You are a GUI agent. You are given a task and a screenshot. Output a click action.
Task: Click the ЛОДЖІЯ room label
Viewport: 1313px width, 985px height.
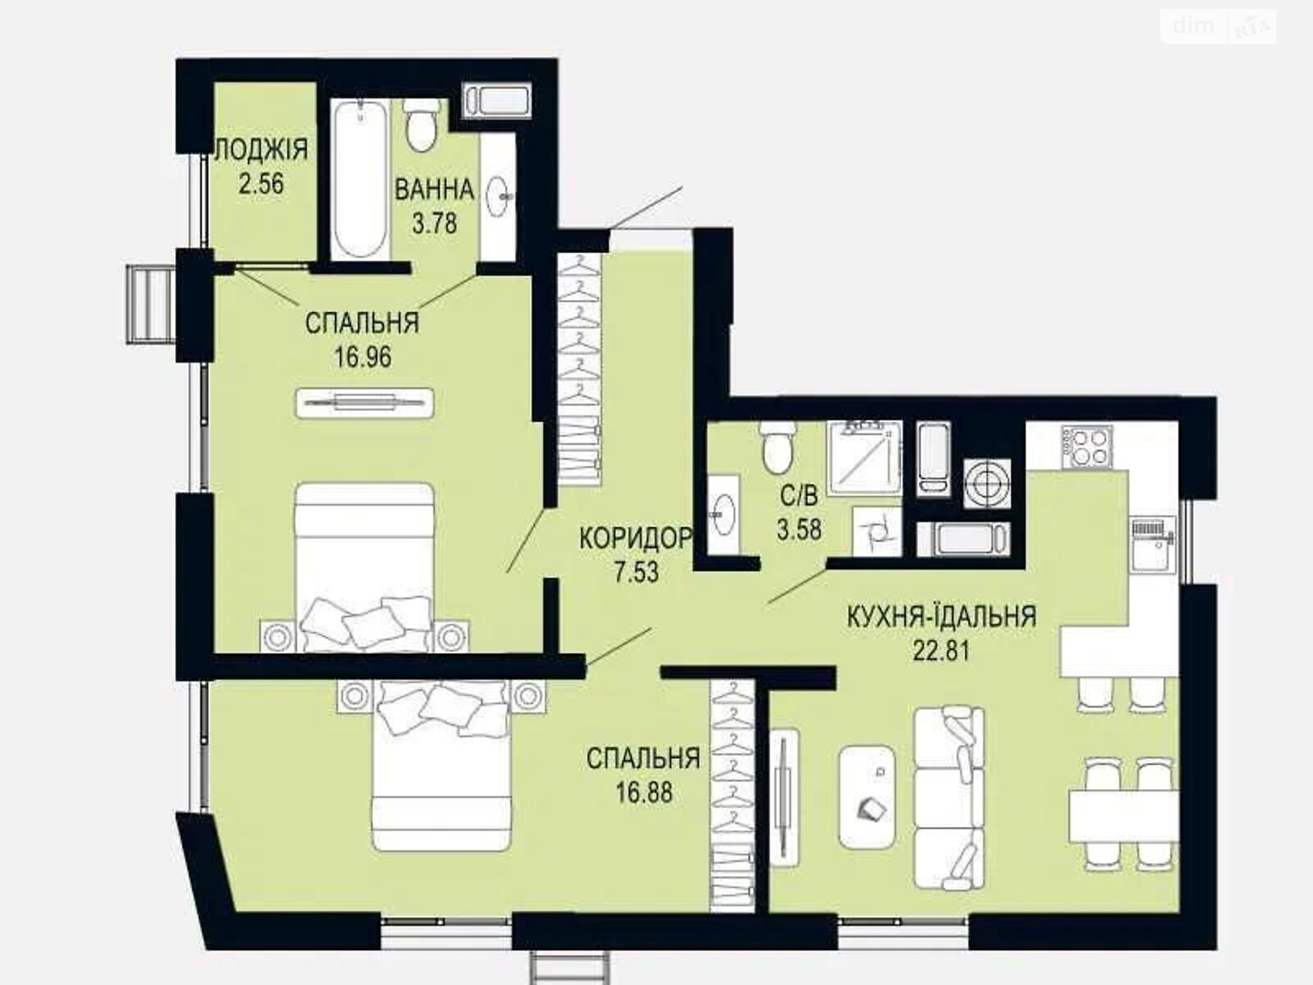tap(261, 150)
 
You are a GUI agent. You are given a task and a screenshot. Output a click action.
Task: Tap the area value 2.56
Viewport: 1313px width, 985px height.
tap(261, 183)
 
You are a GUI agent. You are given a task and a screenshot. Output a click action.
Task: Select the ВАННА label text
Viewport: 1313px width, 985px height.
tap(434, 190)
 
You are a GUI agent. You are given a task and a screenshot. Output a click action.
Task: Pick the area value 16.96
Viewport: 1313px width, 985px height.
tap(362, 357)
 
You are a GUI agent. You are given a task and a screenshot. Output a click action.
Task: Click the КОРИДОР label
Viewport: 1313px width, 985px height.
tap(636, 538)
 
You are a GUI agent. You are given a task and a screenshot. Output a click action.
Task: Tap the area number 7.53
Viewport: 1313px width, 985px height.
tap(636, 571)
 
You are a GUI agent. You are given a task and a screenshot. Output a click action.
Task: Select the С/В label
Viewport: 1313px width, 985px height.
tap(798, 496)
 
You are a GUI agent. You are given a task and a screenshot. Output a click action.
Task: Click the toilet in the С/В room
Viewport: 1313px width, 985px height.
tap(775, 447)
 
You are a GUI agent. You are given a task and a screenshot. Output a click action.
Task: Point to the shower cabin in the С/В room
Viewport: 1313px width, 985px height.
tap(863, 458)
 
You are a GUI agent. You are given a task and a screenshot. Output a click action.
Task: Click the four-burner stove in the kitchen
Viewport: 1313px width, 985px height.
tap(1088, 447)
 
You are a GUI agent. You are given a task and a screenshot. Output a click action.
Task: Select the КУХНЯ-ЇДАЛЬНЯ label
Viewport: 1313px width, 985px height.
tap(941, 616)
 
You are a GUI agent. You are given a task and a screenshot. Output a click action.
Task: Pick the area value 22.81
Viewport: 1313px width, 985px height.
tap(941, 651)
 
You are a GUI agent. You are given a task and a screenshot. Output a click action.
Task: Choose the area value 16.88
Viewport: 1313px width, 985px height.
tap(643, 792)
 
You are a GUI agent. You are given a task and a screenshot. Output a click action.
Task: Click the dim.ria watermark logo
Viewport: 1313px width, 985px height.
tap(1219, 28)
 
